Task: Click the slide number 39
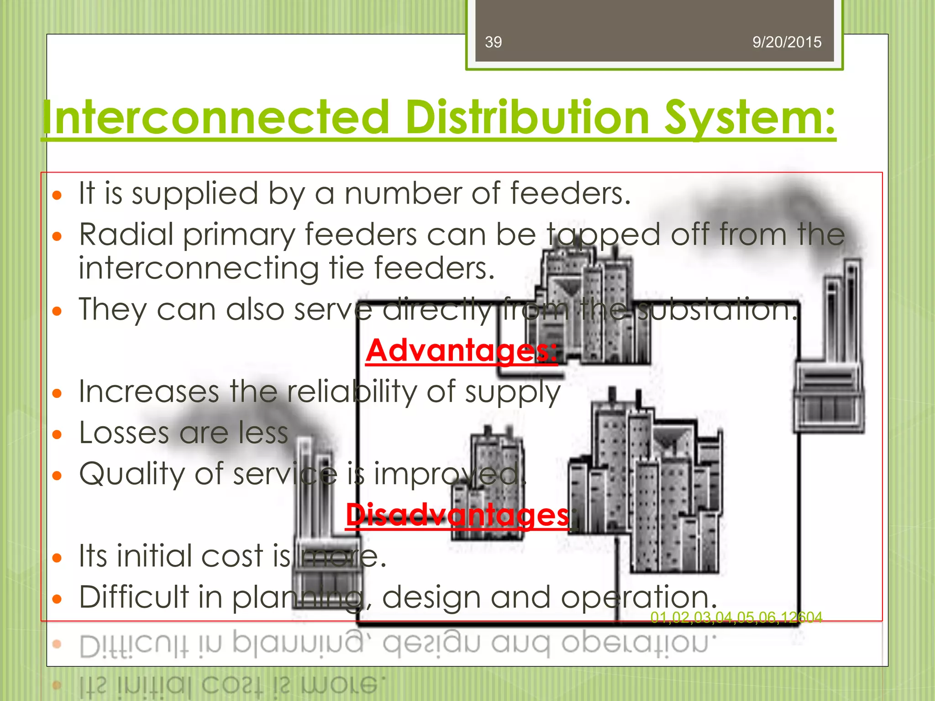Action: click(x=493, y=42)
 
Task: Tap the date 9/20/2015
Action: click(x=787, y=42)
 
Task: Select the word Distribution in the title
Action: click(x=527, y=118)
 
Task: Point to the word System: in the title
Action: click(x=749, y=118)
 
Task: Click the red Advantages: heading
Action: click(x=461, y=350)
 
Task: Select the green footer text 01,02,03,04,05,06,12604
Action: click(x=736, y=617)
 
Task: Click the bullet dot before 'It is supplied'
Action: click(x=57, y=196)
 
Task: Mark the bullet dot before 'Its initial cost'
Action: click(x=57, y=558)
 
